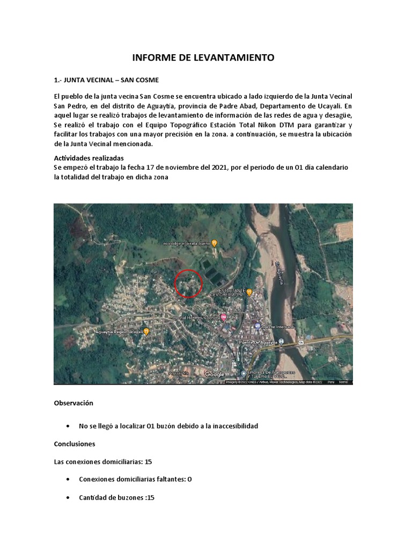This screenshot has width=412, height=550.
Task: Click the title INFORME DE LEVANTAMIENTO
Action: click(203, 57)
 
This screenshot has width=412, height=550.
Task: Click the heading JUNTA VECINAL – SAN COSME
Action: click(106, 80)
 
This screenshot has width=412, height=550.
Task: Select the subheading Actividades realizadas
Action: click(89, 158)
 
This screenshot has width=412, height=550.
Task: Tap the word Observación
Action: click(73, 403)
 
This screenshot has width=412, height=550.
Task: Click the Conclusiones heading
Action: click(75, 444)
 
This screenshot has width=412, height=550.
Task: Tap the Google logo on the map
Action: click(215, 374)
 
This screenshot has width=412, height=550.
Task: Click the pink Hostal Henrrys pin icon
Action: click(224, 317)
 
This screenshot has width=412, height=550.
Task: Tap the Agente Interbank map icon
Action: click(257, 326)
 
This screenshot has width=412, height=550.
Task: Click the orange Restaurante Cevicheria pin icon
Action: click(249, 293)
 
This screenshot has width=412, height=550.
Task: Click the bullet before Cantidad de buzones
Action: click(68, 498)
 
